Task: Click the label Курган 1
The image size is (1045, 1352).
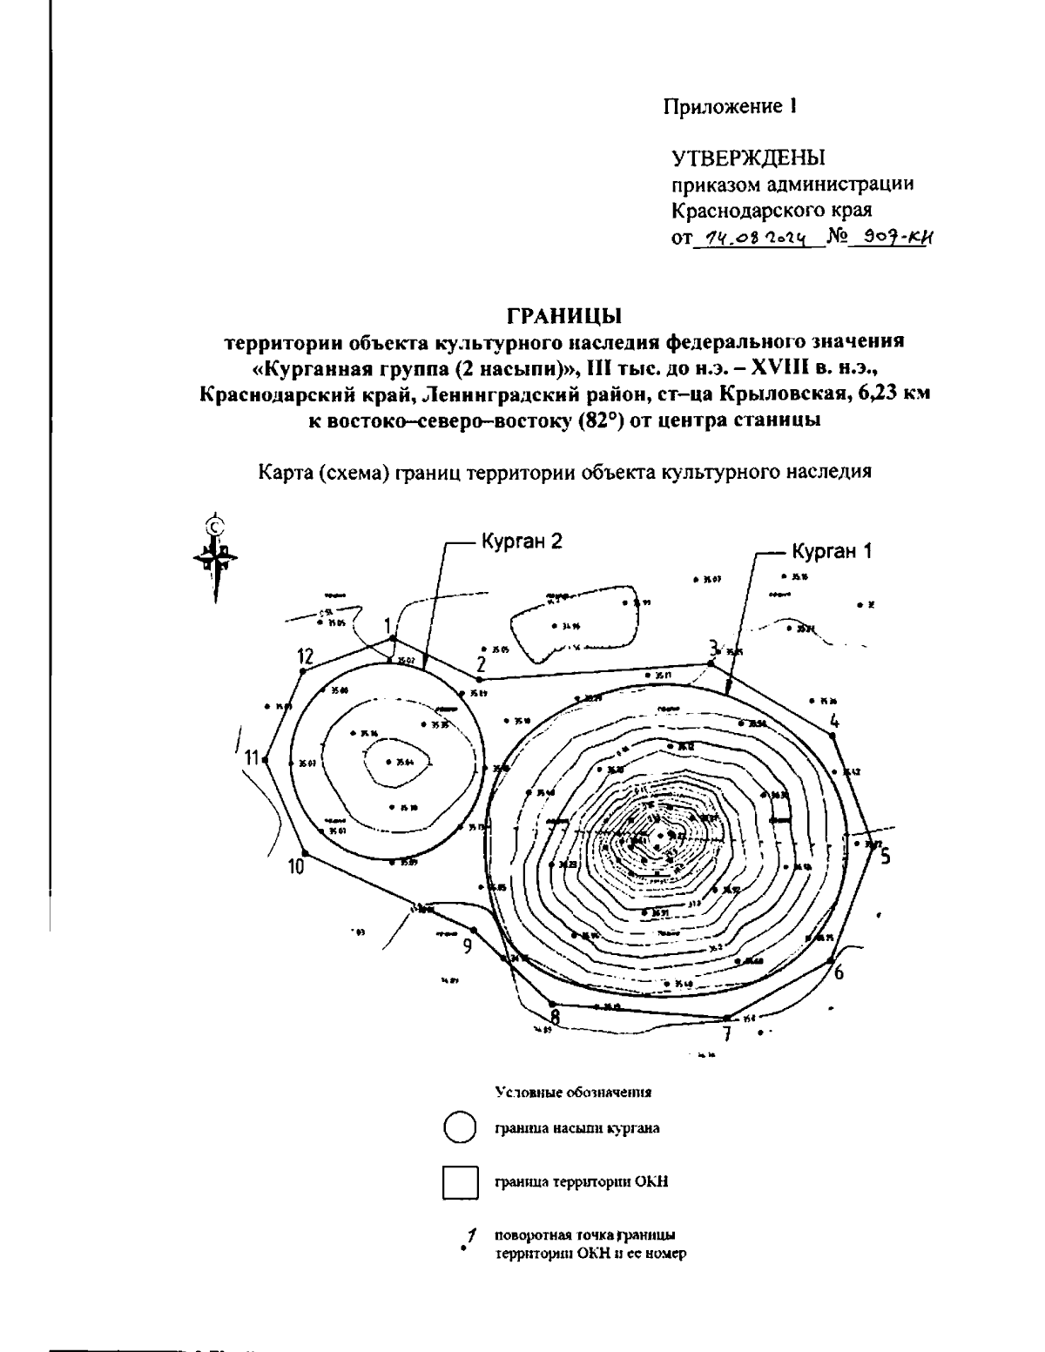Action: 831,551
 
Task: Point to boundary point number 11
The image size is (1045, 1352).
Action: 265,761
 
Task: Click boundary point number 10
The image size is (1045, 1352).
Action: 303,853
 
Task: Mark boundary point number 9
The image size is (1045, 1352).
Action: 472,929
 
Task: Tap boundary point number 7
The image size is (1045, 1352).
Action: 725,1018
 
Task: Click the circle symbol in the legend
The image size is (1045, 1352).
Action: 459,1127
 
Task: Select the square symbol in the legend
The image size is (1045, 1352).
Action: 460,1181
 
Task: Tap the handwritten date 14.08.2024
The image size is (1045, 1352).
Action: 759,238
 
